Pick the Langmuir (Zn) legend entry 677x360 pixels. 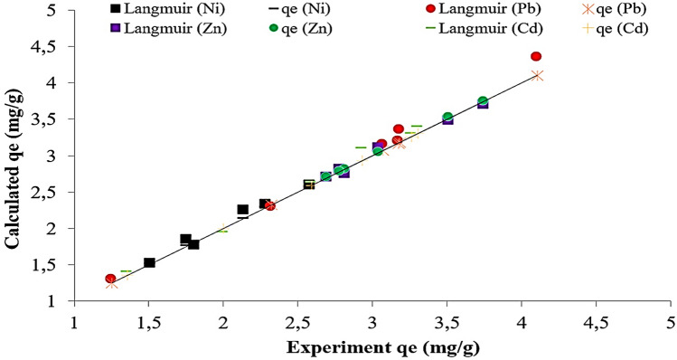(151, 28)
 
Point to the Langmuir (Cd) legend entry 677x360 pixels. (467, 28)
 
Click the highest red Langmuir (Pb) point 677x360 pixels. (536, 56)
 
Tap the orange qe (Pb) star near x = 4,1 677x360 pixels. (538, 76)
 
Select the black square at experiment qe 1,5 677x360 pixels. (150, 263)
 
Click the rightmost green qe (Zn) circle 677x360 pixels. (483, 101)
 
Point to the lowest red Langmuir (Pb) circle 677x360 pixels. (110, 279)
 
